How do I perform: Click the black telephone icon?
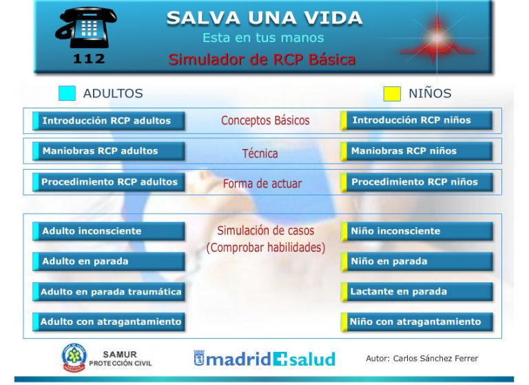click(86, 28)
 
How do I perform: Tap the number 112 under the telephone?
click(89, 59)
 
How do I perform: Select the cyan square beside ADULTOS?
click(67, 93)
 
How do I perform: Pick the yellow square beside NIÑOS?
click(392, 94)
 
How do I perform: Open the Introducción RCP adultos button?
click(109, 121)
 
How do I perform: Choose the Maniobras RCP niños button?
click(416, 150)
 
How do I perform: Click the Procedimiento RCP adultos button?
click(109, 182)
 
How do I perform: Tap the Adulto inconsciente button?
click(109, 231)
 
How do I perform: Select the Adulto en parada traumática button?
click(109, 292)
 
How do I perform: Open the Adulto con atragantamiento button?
click(109, 322)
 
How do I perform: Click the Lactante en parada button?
click(416, 292)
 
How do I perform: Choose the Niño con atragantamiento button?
click(416, 322)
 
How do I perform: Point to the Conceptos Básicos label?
click(265, 121)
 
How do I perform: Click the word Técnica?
click(260, 153)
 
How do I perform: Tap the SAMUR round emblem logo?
click(74, 358)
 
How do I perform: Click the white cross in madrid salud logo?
click(280, 359)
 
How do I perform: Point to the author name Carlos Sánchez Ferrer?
click(435, 358)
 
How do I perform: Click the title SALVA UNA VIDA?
click(264, 18)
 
